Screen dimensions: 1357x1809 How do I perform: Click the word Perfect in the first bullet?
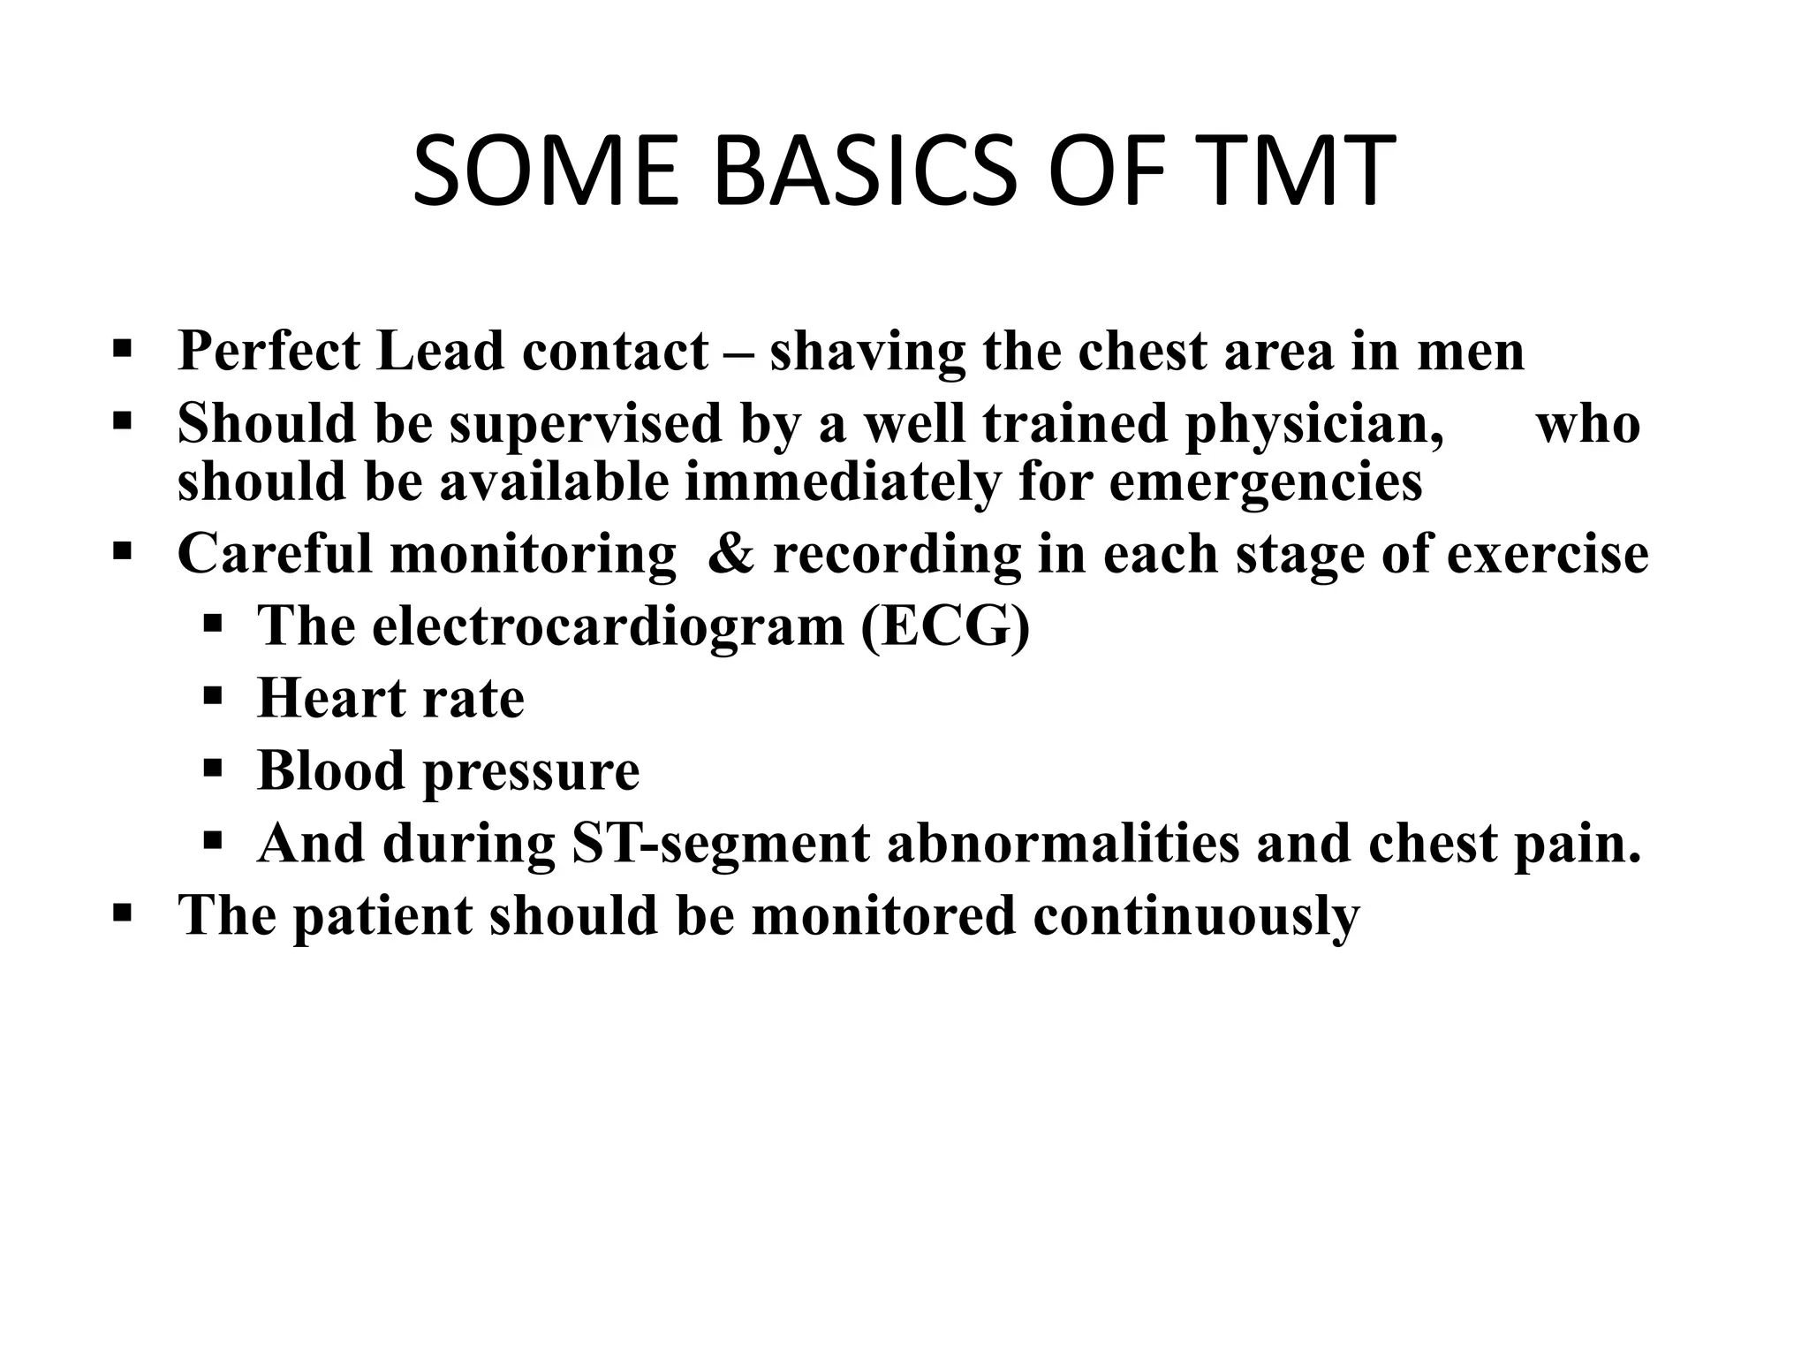269,351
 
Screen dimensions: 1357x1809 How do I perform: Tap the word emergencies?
1265,483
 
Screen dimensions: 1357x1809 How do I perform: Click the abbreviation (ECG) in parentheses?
945,626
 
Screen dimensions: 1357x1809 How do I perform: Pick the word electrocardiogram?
551,626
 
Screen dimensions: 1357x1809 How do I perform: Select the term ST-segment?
721,843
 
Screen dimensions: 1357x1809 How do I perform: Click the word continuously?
1196,916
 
